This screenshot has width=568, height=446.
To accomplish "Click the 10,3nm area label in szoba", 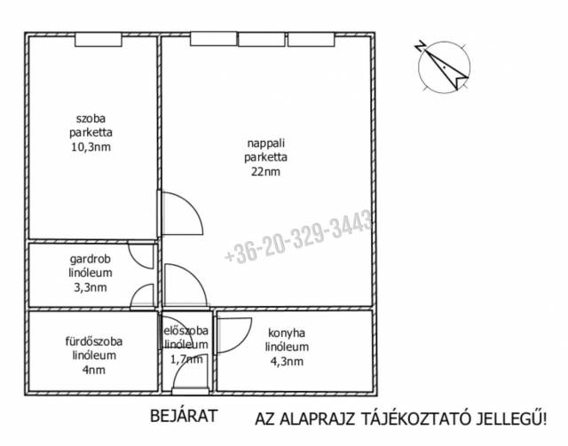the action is (x=91, y=147).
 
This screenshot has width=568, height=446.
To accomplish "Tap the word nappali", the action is (x=266, y=144).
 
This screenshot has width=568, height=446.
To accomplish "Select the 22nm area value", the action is (x=266, y=171).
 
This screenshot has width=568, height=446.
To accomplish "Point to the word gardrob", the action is (x=91, y=260).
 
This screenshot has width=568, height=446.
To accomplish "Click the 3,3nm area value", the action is (x=91, y=287).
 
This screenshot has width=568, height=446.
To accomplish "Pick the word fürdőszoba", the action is (x=94, y=341).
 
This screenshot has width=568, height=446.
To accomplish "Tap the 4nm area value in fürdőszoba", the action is (x=94, y=370).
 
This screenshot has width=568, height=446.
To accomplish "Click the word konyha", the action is (x=287, y=333).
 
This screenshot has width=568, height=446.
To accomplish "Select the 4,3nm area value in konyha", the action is (x=287, y=361).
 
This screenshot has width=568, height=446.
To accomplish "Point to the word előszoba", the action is (x=186, y=331).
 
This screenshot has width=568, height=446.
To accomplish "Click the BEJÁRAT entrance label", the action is (x=184, y=416).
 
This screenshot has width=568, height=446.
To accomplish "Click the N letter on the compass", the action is (x=420, y=45).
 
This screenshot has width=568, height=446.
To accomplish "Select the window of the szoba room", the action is (x=99, y=40).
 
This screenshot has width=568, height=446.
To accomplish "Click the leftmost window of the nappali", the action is (x=213, y=39).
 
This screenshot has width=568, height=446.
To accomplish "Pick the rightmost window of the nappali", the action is (x=311, y=40).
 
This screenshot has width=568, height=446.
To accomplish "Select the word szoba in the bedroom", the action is (x=91, y=119).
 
